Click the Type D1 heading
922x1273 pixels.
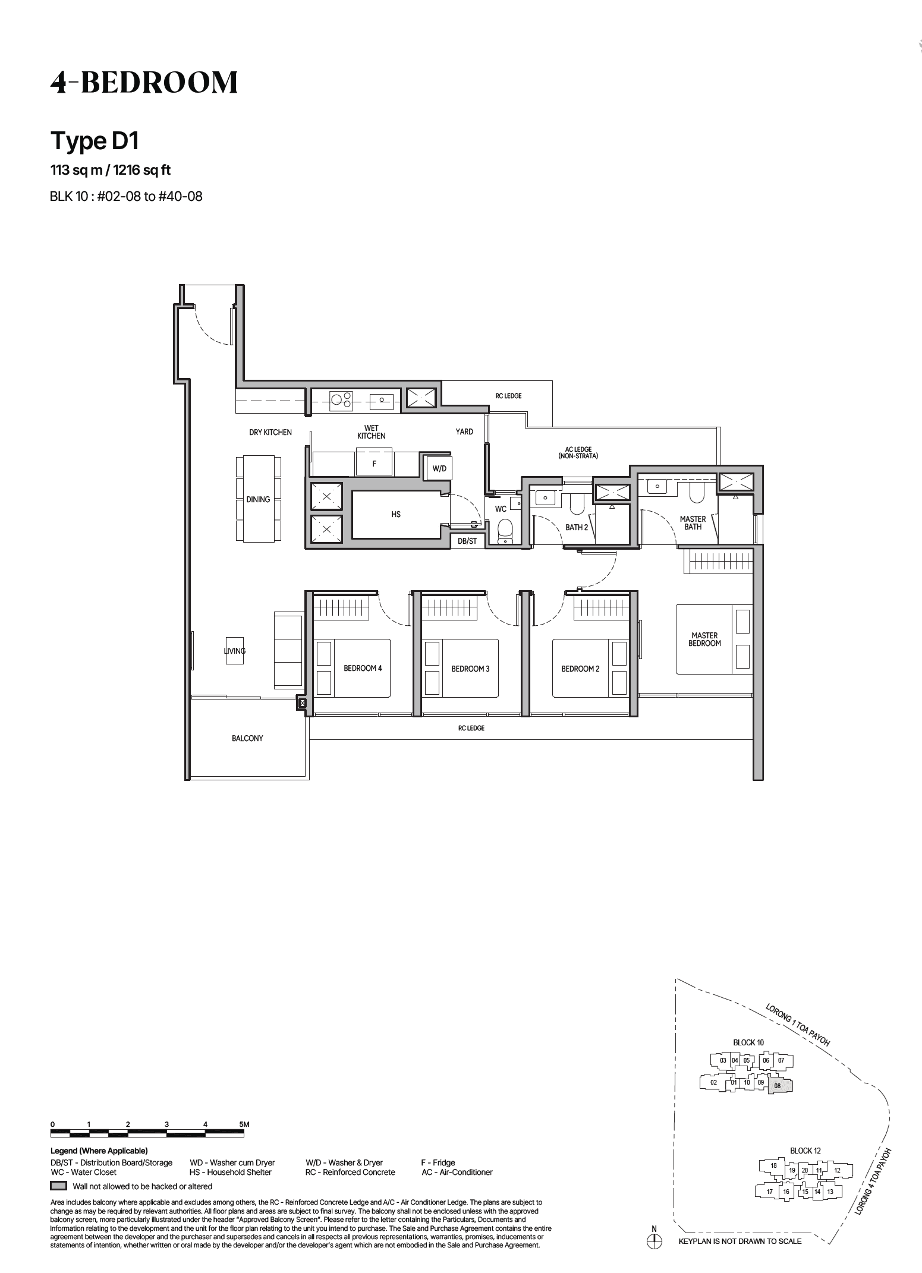click(95, 141)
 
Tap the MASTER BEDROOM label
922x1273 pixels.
click(704, 639)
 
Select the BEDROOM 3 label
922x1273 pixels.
click(470, 669)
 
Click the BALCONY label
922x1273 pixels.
click(247, 738)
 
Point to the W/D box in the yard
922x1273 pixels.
click(439, 468)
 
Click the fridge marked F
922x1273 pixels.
click(374, 464)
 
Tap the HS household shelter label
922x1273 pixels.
click(396, 515)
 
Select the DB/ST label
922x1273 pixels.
click(467, 541)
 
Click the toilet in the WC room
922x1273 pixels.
click(505, 531)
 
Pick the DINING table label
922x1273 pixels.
click(258, 499)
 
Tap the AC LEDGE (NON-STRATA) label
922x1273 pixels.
click(578, 453)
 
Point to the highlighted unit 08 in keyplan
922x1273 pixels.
click(780, 1086)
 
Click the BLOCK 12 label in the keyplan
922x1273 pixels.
click(805, 1151)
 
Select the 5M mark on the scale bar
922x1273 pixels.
click(244, 1124)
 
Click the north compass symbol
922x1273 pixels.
click(654, 1242)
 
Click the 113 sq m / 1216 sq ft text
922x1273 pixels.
click(111, 170)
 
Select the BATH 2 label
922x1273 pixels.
click(576, 527)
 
